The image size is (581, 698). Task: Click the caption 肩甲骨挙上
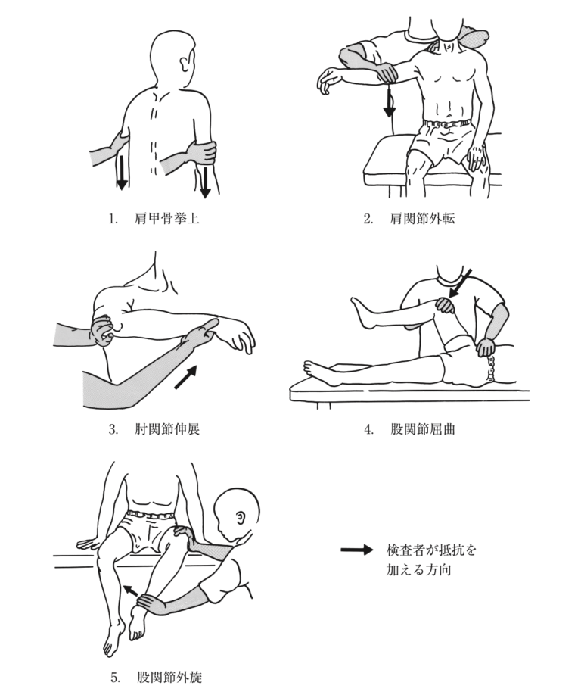167,219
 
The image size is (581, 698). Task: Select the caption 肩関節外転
423,219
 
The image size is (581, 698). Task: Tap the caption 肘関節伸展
167,429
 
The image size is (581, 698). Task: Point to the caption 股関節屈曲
423,429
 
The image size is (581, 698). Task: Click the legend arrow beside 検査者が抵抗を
357,550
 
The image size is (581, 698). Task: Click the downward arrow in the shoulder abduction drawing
390,102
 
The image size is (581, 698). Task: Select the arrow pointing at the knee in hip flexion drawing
461,283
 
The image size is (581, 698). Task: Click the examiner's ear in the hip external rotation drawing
241,517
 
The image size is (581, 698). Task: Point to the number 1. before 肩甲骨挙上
113,219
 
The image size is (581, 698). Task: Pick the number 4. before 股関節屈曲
368,429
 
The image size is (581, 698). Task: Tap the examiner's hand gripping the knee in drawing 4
444,305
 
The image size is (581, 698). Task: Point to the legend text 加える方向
419,570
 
